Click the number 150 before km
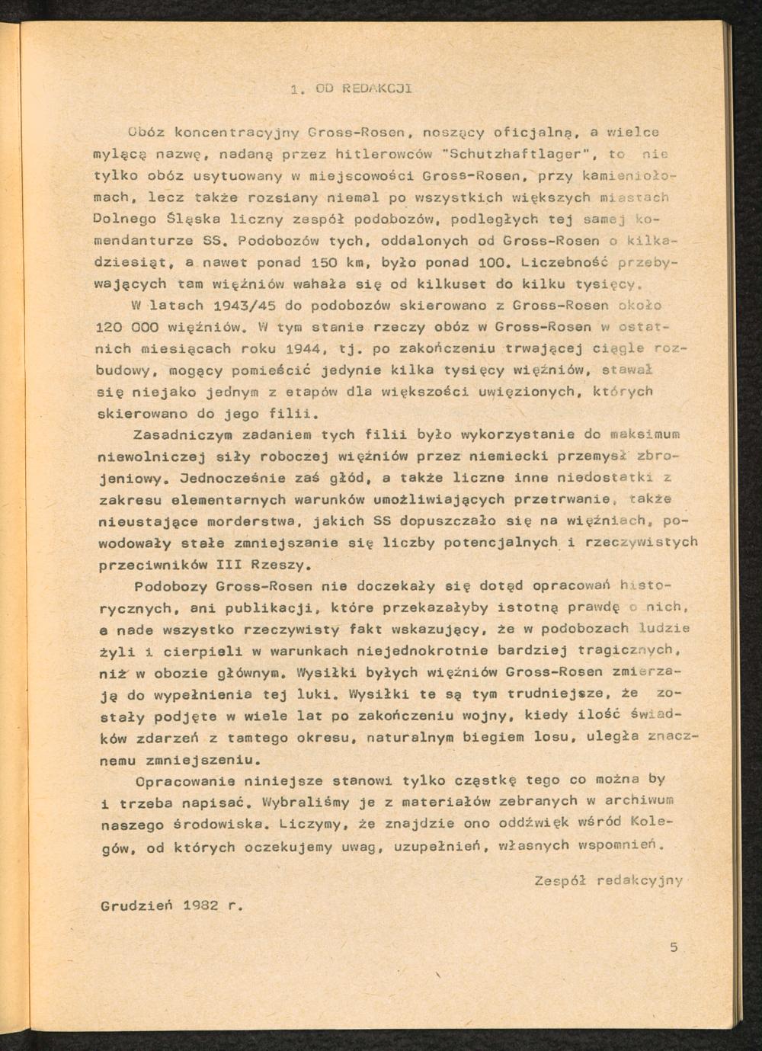click(324, 263)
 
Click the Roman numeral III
click(230, 566)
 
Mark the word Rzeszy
click(280, 566)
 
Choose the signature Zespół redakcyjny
click(608, 880)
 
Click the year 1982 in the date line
click(202, 906)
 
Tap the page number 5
click(674, 948)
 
